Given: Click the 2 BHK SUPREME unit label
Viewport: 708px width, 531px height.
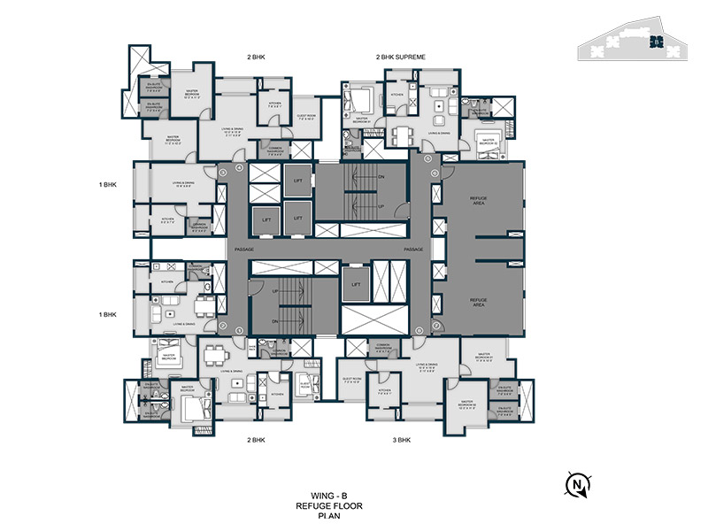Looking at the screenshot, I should click(x=401, y=57).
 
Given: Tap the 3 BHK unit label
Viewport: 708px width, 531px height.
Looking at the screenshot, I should click(x=401, y=440).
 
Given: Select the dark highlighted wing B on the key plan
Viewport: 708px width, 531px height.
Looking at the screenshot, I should click(x=655, y=41).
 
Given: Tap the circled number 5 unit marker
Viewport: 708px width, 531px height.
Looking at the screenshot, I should click(x=428, y=160).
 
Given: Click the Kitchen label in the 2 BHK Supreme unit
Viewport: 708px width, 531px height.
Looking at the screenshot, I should click(x=397, y=93).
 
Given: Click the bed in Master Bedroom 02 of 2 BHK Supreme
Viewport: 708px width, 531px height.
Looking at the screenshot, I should click(x=487, y=140).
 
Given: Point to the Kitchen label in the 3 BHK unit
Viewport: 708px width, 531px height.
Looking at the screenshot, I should click(x=384, y=391).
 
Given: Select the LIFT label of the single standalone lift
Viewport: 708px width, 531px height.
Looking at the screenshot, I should click(x=356, y=284).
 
